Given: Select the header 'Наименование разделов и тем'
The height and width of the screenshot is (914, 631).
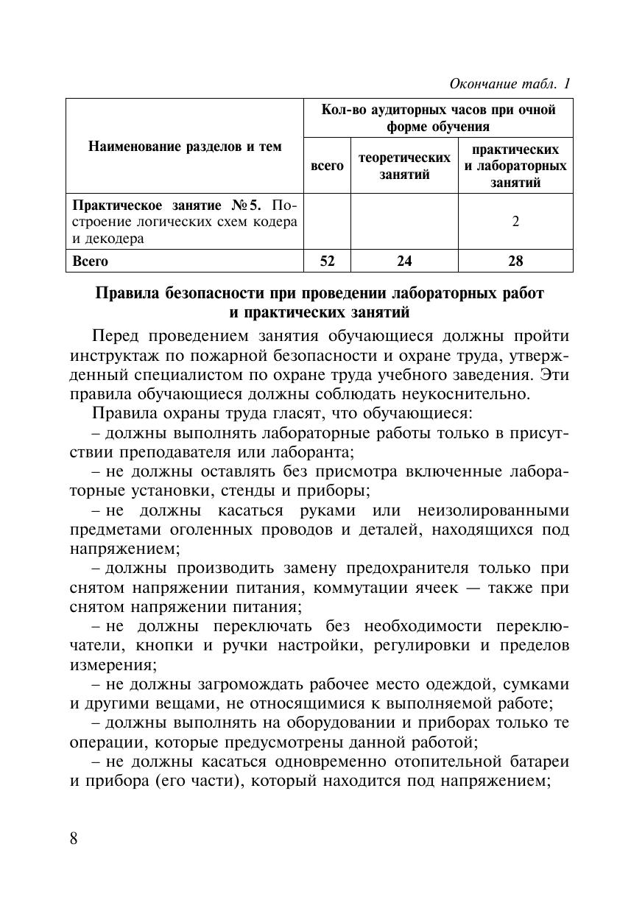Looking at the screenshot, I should coord(185,147).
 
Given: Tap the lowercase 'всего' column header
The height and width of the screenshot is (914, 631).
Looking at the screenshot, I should coord(327,166).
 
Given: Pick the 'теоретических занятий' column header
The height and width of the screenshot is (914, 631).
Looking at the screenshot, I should coord(404,166).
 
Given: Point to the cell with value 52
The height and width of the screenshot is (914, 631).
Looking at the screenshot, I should coord(327,261).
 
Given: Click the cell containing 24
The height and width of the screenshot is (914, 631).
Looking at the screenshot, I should coord(404,261).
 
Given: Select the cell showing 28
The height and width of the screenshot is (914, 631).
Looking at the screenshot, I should coord(515,261).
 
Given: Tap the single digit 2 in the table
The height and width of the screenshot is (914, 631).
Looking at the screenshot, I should coord(515,221).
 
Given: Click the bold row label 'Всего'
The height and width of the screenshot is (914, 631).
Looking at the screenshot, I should coord(90,261).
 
